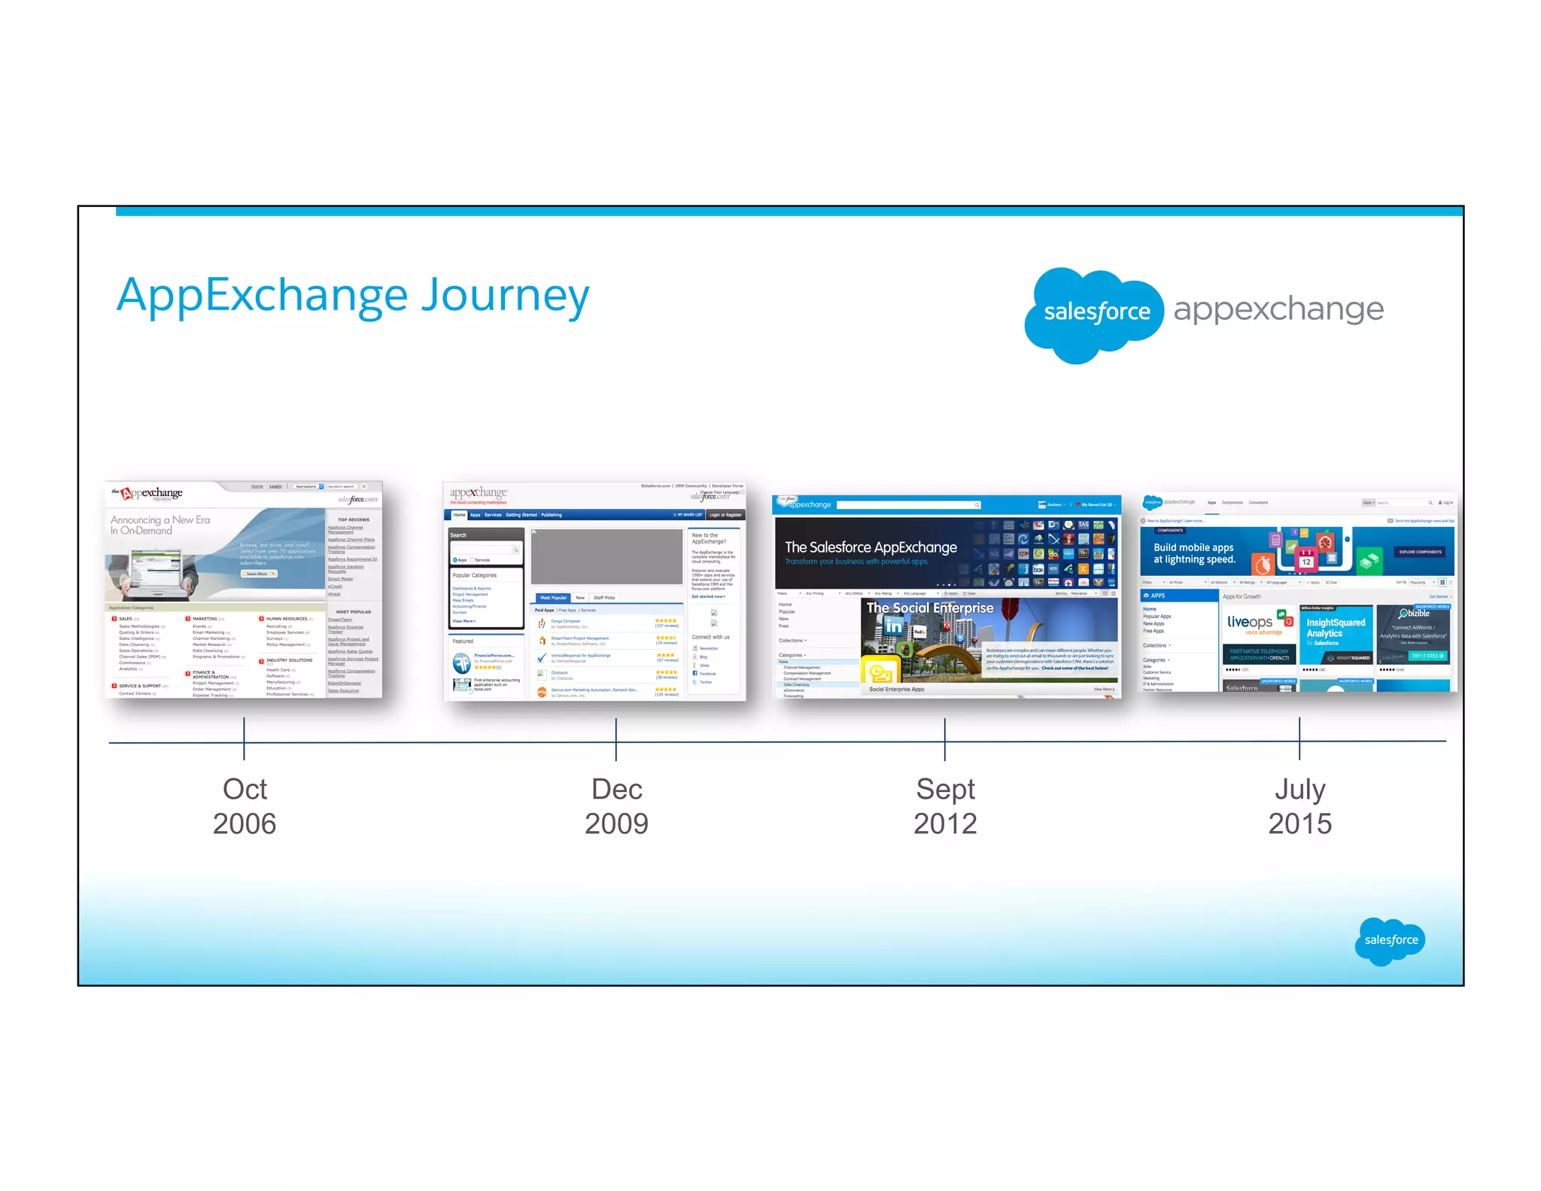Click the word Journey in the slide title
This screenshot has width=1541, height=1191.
tap(505, 296)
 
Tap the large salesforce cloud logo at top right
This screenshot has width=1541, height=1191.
tap(1095, 312)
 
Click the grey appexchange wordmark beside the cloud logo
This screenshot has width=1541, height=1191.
tap(1278, 309)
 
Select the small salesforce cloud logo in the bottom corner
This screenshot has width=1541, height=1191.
tap(1391, 940)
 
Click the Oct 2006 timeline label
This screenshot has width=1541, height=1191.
tap(245, 806)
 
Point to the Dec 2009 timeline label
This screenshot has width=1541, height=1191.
tap(616, 806)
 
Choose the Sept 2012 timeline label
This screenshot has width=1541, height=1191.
tap(945, 806)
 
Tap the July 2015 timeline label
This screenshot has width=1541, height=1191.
tap(1299, 806)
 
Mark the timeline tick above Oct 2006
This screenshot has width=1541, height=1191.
tap(244, 739)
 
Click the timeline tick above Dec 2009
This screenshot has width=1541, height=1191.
tap(615, 739)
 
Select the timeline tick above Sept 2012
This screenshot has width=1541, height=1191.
tap(944, 739)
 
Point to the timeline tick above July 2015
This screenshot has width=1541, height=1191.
tap(1299, 739)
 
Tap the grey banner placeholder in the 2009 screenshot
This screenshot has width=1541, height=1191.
tap(606, 556)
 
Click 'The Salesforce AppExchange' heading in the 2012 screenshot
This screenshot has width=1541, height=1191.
tap(871, 547)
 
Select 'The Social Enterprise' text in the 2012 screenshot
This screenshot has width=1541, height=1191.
tap(930, 608)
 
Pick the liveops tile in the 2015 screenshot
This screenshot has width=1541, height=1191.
tap(1259, 634)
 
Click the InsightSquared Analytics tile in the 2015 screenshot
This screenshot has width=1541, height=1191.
tap(1336, 634)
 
